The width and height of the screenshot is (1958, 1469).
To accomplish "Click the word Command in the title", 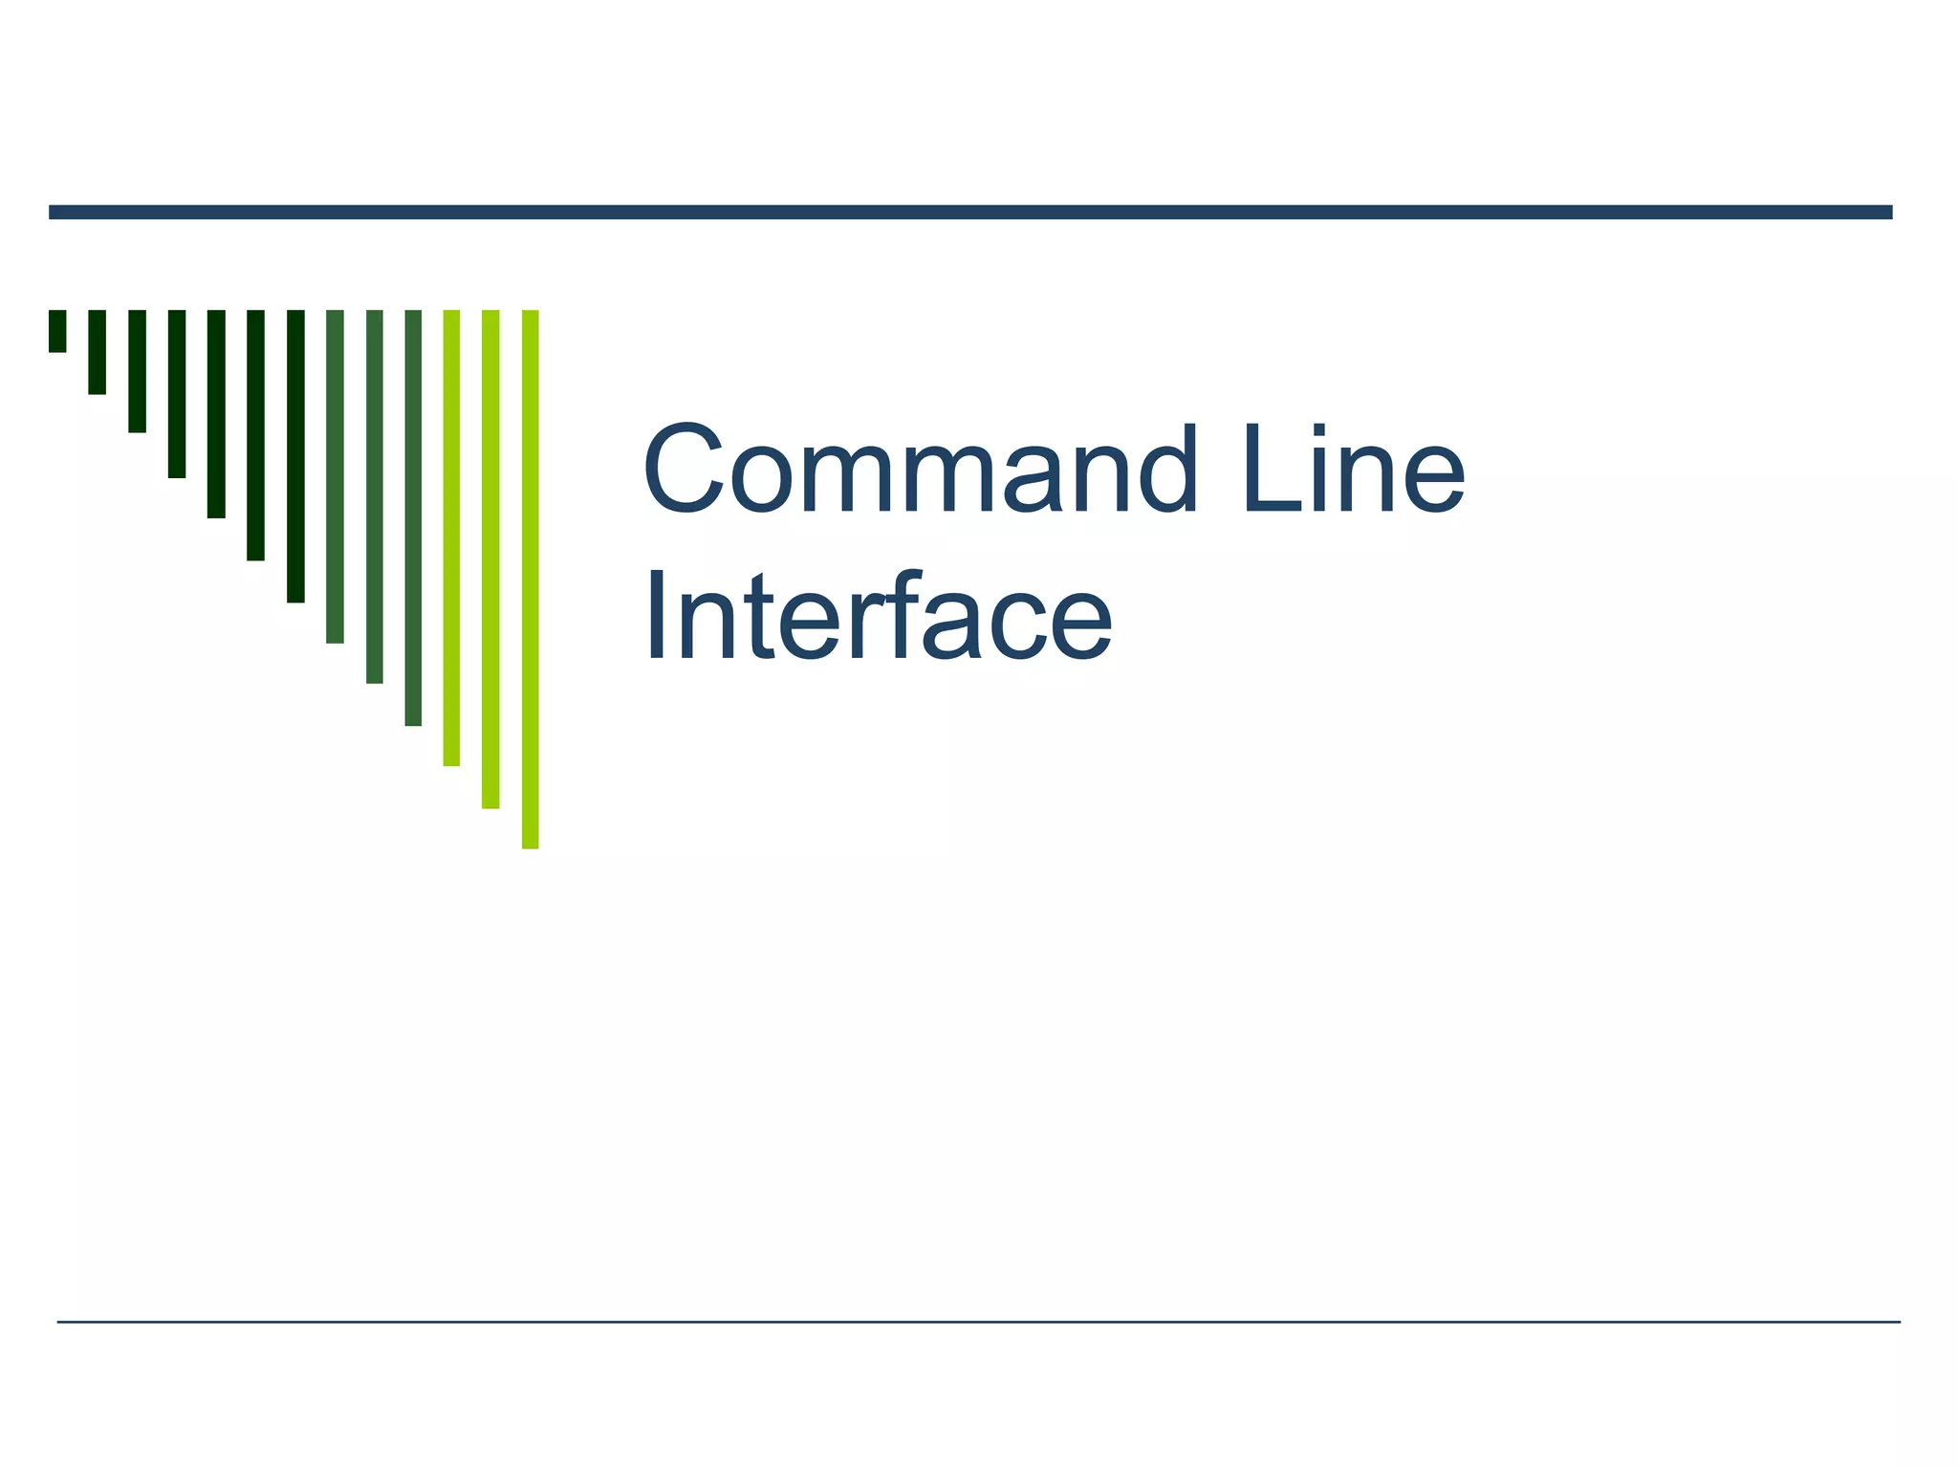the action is [x=919, y=470].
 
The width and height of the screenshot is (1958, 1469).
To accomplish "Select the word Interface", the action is [x=878, y=616].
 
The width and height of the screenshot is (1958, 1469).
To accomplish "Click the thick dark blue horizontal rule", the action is [x=970, y=212].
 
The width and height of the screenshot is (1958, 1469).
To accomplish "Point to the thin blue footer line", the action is [x=978, y=1322].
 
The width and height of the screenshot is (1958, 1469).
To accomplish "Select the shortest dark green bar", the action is [x=57, y=331].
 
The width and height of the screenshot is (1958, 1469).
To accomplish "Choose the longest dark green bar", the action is [x=295, y=455].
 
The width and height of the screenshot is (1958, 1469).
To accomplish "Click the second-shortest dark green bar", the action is [x=97, y=351].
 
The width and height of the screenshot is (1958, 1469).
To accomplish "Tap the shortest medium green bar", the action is [x=335, y=475].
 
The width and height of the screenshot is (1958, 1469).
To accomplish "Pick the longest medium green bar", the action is [x=413, y=517].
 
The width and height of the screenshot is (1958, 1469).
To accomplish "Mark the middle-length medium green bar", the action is [x=374, y=496].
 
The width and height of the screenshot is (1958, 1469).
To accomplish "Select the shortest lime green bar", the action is [x=451, y=537].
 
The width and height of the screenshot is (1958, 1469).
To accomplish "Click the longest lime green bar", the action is [x=531, y=579].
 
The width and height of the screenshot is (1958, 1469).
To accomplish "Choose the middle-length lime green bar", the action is [x=490, y=559].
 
